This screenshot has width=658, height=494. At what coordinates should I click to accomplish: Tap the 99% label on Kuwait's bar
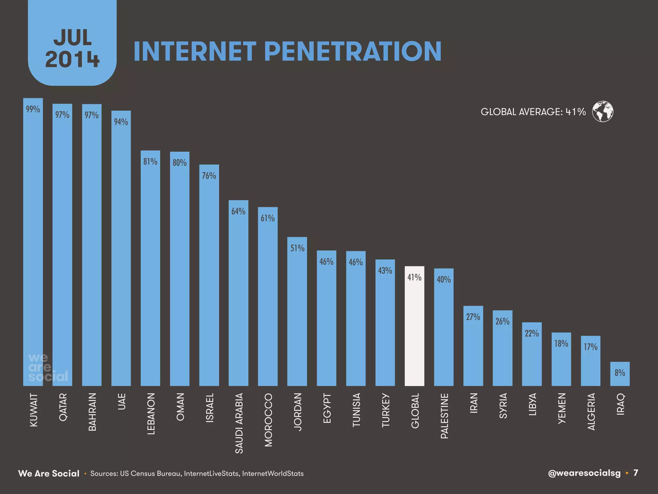pyautogui.click(x=33, y=109)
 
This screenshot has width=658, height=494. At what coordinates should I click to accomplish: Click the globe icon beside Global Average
pyautogui.click(x=602, y=112)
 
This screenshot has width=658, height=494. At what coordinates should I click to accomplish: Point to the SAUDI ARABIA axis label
pyautogui.click(x=239, y=423)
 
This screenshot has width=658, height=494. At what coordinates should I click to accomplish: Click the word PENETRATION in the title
pyautogui.click(x=352, y=51)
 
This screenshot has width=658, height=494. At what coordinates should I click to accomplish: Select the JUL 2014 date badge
pyautogui.click(x=72, y=48)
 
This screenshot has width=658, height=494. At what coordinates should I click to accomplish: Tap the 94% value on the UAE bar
pyautogui.click(x=121, y=122)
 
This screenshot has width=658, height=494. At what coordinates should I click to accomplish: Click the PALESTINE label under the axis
pyautogui.click(x=444, y=416)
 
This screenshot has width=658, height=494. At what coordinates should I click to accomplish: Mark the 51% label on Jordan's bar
pyautogui.click(x=297, y=248)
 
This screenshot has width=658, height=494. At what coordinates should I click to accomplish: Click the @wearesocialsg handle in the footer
pyautogui.click(x=584, y=473)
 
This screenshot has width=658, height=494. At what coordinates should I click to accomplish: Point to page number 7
pyautogui.click(x=636, y=473)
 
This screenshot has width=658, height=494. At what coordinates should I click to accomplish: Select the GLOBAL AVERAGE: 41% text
pyautogui.click(x=533, y=112)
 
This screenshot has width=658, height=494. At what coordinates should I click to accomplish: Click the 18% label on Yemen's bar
pyautogui.click(x=561, y=343)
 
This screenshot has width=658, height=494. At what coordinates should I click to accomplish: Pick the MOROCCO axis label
pyautogui.click(x=268, y=420)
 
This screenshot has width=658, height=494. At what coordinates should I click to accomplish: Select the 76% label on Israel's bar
pyautogui.click(x=209, y=176)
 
